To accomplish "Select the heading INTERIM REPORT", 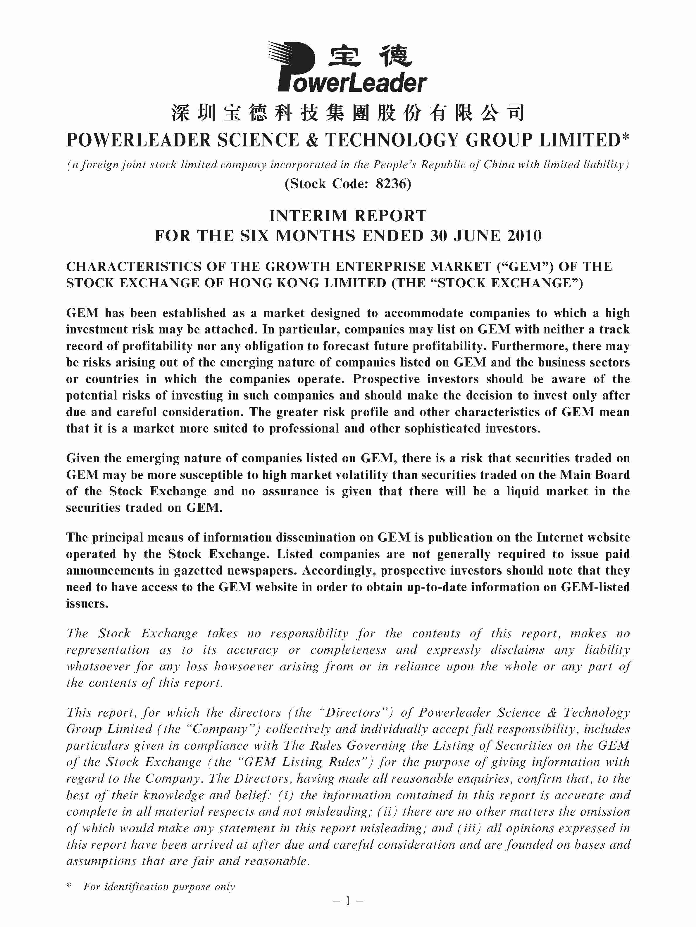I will (348, 216).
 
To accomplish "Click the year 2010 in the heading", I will (524, 236).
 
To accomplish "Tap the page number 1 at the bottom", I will (348, 902).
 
